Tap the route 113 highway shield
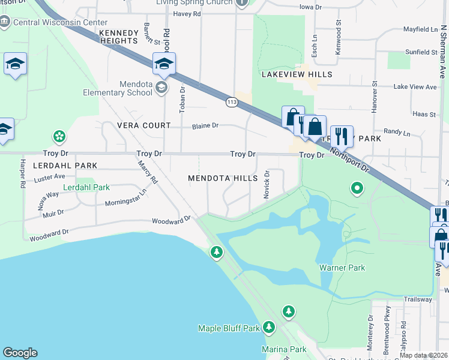pos(231,102)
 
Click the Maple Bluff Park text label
pos(229,328)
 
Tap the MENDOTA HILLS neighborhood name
pos(223,178)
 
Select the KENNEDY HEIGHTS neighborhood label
pos(119,37)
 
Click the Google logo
pos(20,353)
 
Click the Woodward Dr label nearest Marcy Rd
pos(170,221)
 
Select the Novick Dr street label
pos(267,184)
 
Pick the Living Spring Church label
pos(193,2)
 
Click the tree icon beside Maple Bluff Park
pos(268,328)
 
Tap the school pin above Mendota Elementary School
pos(164,63)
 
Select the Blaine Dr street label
pos(205,126)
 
